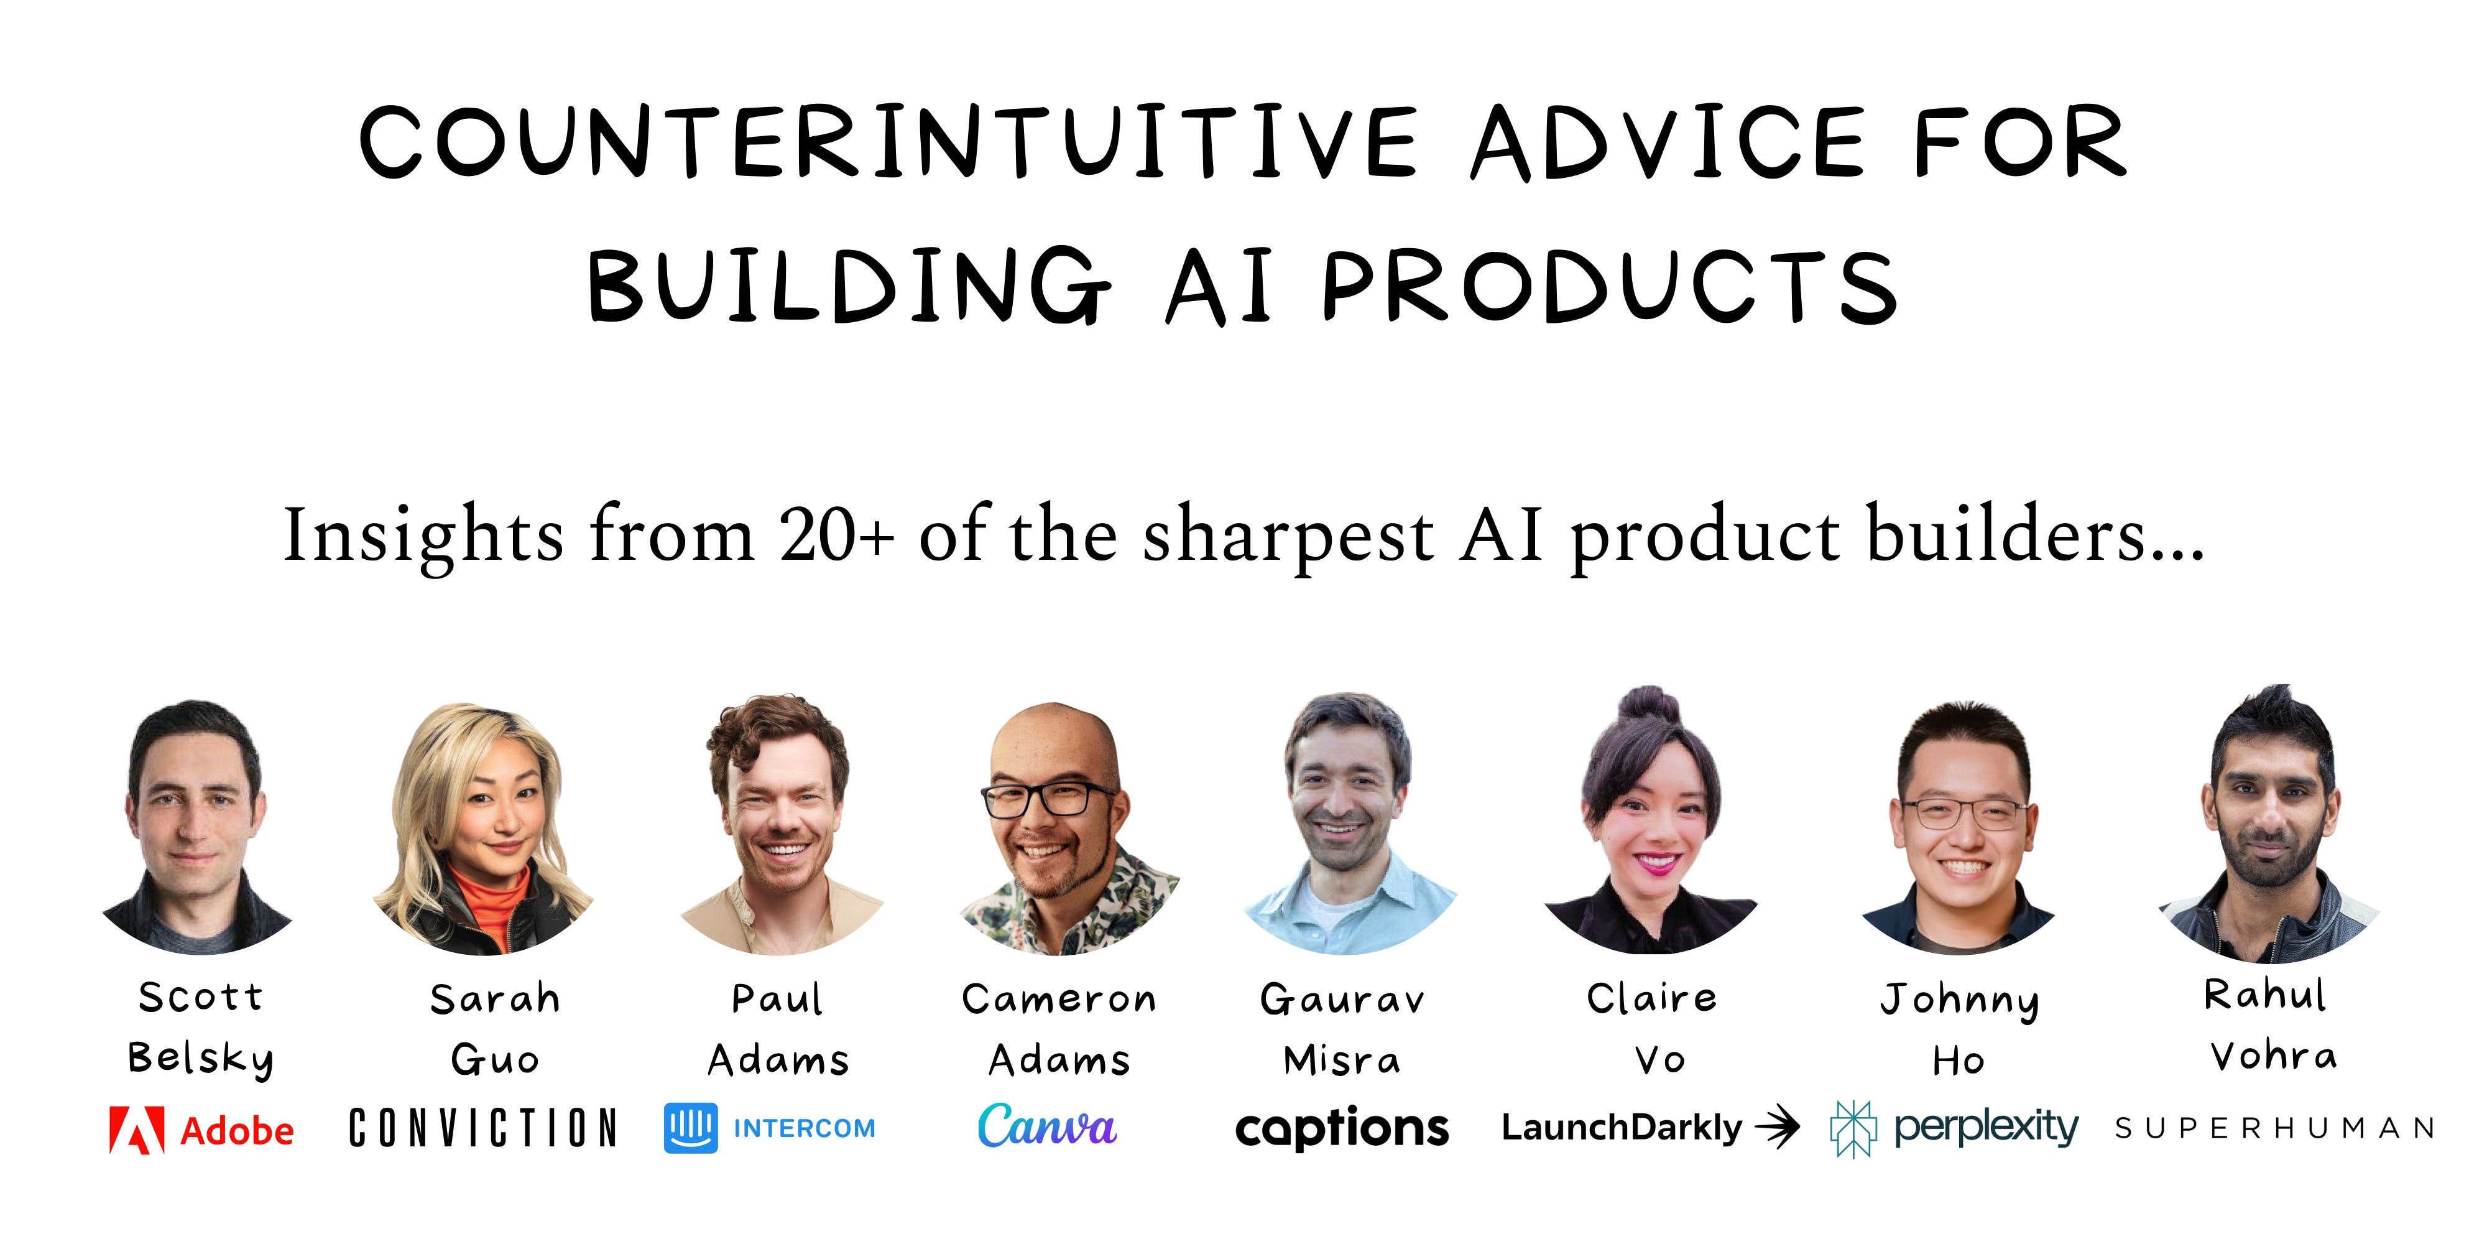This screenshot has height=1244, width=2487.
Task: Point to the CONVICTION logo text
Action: [482, 1128]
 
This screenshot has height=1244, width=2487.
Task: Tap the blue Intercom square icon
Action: [690, 1128]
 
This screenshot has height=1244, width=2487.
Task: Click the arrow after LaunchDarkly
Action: [1778, 1127]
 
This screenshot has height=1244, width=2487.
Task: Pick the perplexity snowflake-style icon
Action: [1853, 1128]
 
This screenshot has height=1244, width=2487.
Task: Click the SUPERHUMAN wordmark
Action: [2274, 1128]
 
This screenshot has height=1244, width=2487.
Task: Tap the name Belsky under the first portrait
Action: [201, 1059]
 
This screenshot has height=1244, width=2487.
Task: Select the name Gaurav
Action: [1342, 999]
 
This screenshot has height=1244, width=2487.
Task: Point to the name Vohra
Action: [2274, 1056]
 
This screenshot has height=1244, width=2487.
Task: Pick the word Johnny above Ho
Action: [1960, 1000]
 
